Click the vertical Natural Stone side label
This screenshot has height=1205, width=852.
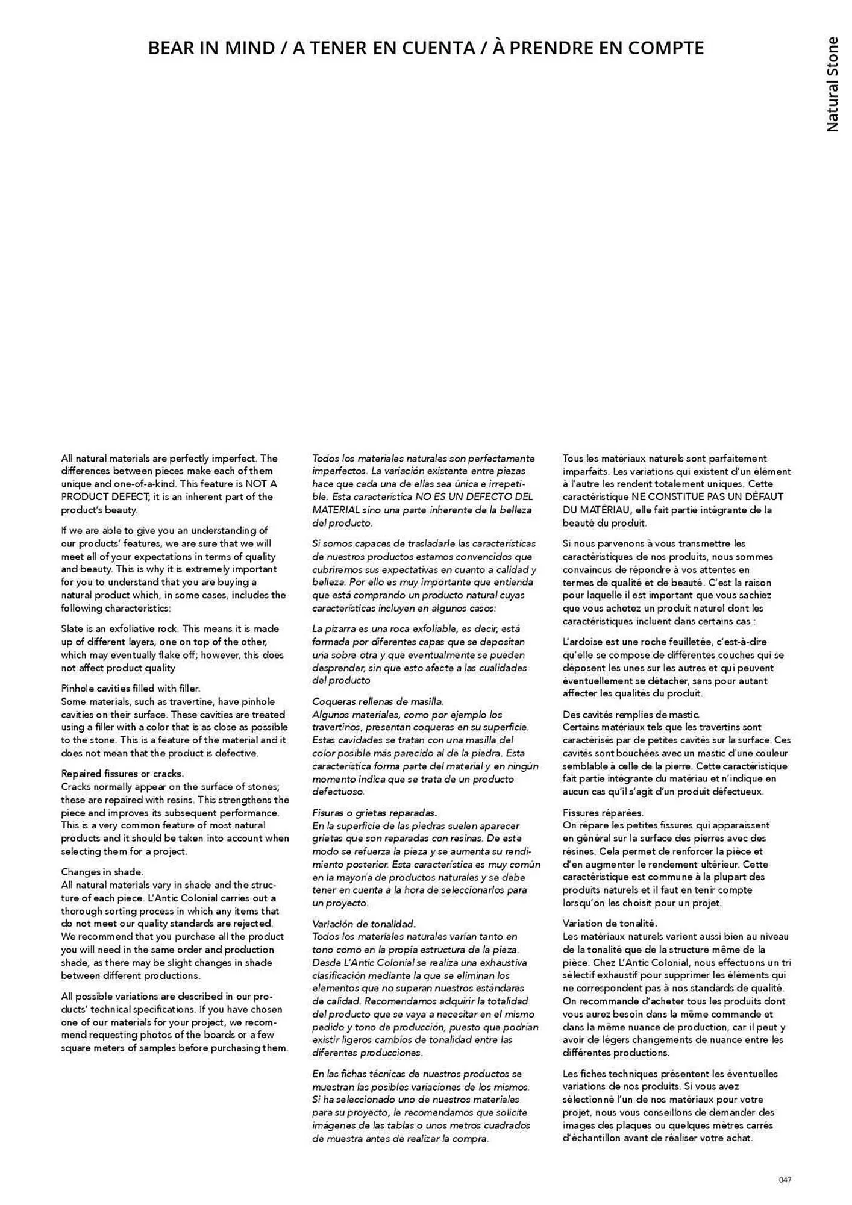click(x=832, y=84)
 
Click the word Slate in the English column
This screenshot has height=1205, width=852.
click(x=72, y=628)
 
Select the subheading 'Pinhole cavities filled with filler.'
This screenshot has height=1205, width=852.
click(x=131, y=688)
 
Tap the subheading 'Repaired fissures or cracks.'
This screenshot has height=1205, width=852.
click(x=122, y=774)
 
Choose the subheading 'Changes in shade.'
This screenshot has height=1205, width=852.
click(x=102, y=872)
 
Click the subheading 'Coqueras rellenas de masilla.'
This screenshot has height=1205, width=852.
click(x=378, y=701)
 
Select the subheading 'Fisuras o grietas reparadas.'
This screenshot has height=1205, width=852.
click(x=374, y=813)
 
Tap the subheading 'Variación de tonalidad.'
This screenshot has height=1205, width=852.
click(x=364, y=924)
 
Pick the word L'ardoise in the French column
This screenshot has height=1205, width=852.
click(x=580, y=642)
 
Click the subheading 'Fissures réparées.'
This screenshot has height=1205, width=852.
click(x=603, y=813)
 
